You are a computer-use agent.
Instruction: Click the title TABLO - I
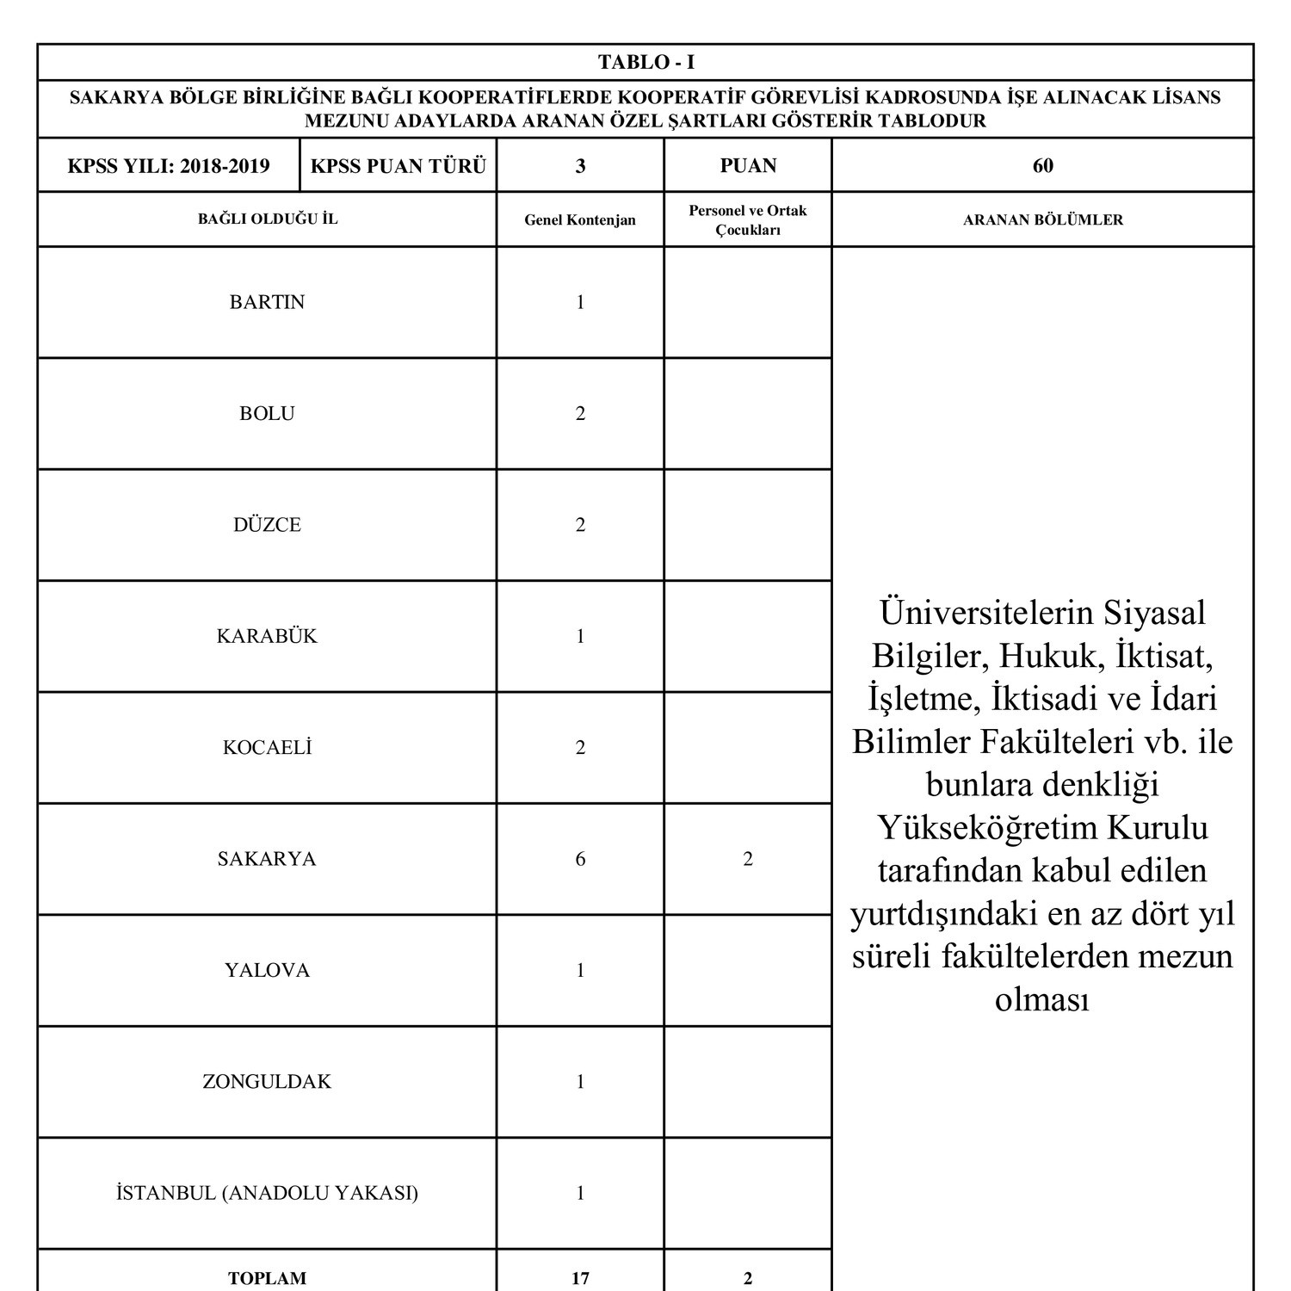[645, 62]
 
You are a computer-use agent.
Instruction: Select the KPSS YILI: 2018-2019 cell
[169, 166]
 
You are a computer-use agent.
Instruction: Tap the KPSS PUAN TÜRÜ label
[398, 166]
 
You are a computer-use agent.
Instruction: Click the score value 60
[1042, 166]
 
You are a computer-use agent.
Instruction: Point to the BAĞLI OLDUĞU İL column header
[268, 219]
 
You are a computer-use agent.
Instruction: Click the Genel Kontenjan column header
[580, 220]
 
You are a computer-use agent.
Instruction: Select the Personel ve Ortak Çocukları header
[747, 220]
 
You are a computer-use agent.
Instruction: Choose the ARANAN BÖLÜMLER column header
[1042, 220]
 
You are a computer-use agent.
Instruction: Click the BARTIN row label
[267, 302]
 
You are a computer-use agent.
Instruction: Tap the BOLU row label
[267, 414]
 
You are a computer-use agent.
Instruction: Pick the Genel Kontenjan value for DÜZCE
[580, 525]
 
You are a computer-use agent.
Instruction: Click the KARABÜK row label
[267, 637]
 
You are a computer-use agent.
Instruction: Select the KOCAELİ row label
[267, 748]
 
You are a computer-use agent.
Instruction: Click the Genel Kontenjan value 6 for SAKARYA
[580, 859]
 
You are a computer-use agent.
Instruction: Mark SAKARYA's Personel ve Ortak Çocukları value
[747, 859]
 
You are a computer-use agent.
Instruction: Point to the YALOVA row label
[267, 971]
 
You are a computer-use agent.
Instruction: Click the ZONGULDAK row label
[267, 1082]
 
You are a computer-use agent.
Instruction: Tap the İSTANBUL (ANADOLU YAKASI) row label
[267, 1194]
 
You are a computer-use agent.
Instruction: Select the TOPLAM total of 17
[580, 1278]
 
